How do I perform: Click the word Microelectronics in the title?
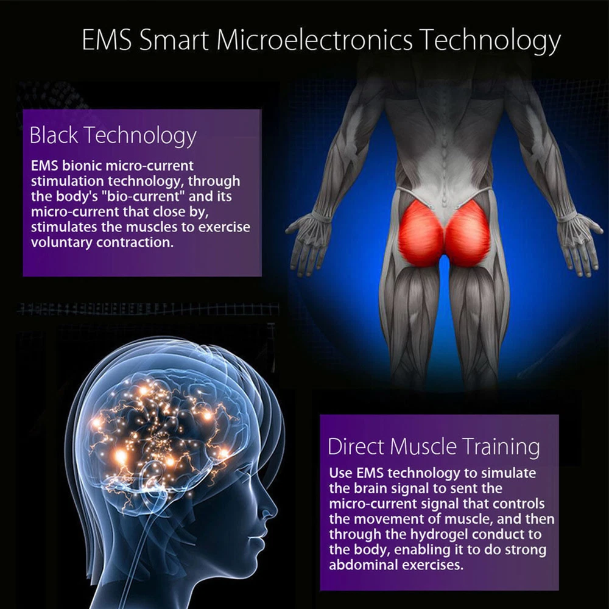click(315, 40)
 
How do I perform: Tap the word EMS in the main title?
click(107, 40)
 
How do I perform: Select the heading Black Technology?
click(113, 136)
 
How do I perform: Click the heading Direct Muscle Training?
click(434, 446)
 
